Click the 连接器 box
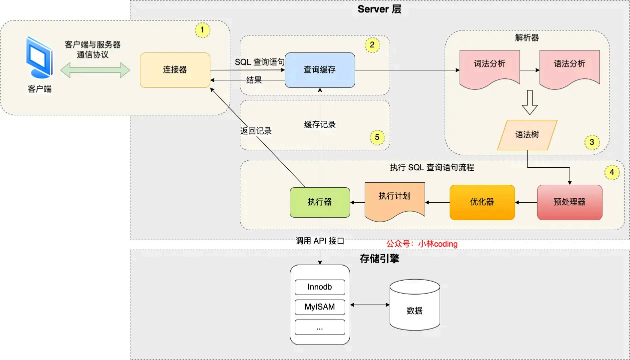(175, 70)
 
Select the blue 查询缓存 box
(320, 70)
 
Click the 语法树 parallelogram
(527, 135)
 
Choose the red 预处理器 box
(570, 202)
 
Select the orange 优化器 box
(482, 202)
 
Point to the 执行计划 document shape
(395, 200)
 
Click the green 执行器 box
(320, 202)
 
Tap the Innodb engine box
(320, 288)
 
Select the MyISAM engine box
(320, 307)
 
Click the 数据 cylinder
(415, 306)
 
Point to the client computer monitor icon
(39, 57)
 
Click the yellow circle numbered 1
(202, 30)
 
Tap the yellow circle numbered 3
(592, 142)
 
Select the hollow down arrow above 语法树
(529, 102)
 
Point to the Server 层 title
(380, 9)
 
